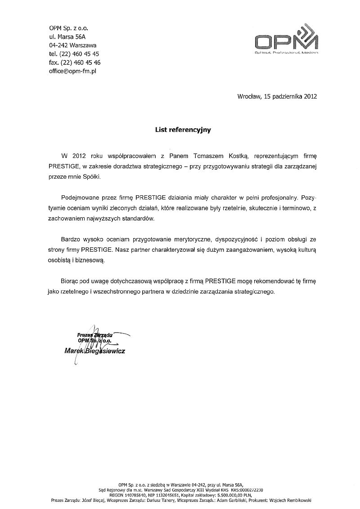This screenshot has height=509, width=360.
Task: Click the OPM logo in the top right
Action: click(286, 41)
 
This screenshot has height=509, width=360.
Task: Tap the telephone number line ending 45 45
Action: click(74, 54)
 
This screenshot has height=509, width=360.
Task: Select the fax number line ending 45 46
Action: click(75, 62)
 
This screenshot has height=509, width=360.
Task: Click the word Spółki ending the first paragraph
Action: click(92, 177)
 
